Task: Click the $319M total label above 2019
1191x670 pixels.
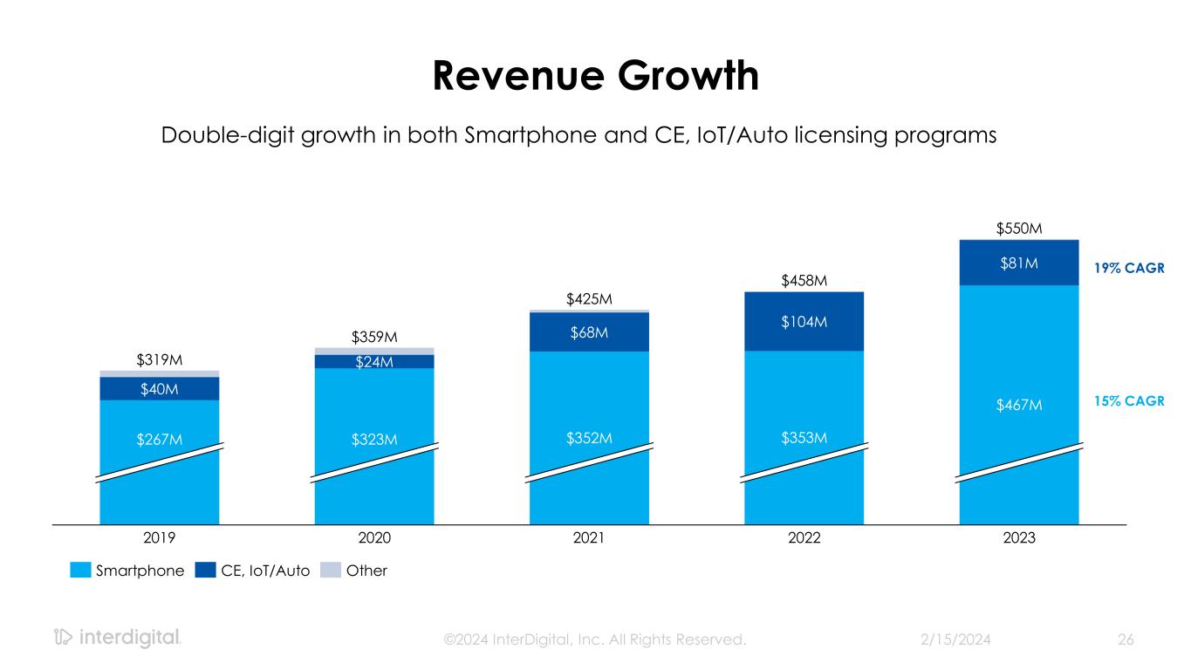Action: (160, 359)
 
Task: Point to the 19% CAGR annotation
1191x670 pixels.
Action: (1130, 269)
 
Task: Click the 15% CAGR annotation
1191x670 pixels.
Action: (1130, 401)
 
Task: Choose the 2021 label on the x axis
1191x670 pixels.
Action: (589, 538)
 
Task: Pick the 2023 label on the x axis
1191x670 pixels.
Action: (1018, 538)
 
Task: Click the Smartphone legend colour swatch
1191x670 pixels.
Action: (81, 571)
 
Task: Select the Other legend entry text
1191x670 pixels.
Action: (368, 571)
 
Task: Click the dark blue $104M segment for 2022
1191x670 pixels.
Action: (804, 322)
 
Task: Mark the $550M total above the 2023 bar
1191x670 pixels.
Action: (1018, 229)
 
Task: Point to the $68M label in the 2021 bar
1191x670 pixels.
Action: (589, 332)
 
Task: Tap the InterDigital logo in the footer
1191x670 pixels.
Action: (117, 638)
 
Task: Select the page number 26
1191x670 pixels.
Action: (1126, 639)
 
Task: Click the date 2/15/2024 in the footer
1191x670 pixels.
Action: (956, 639)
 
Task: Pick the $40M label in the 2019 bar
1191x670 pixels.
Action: (160, 389)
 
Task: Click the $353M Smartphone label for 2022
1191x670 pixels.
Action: (804, 437)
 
